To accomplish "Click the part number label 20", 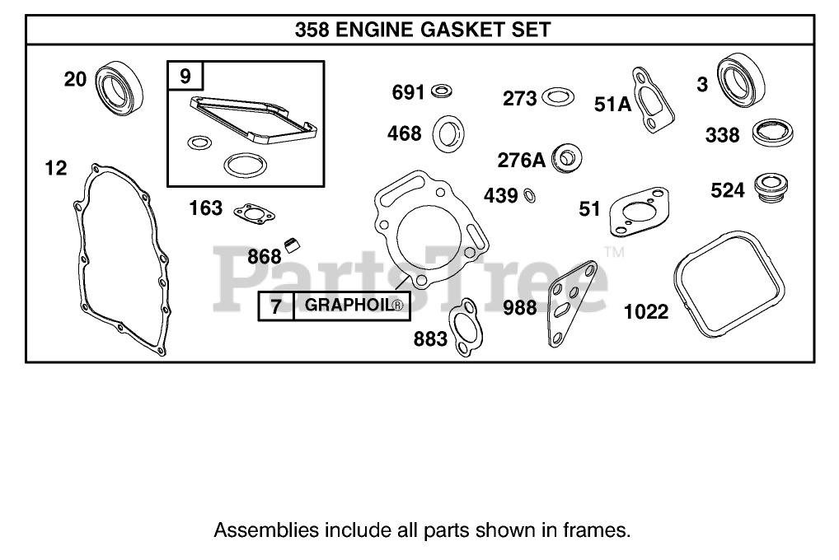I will tap(75, 79).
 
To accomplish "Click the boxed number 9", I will tap(185, 77).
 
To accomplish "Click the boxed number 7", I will tap(276, 306).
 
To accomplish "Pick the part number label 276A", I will tap(521, 159).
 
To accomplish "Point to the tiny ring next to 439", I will tap(531, 195).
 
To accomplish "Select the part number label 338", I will tap(722, 135).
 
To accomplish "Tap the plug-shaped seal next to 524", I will tap(771, 188).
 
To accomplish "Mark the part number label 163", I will tap(206, 208).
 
